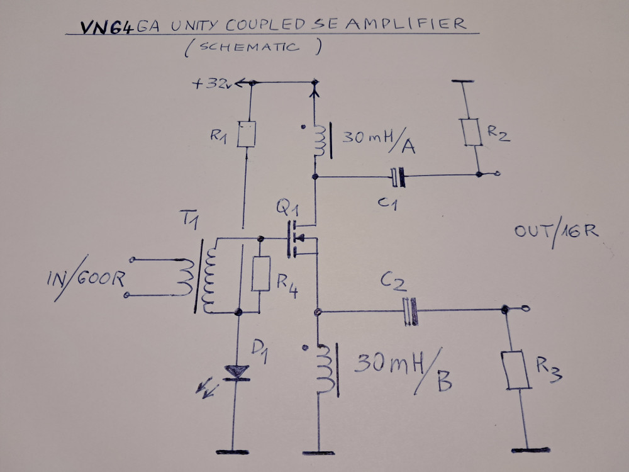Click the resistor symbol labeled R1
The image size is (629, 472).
246,135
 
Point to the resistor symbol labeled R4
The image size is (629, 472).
260,274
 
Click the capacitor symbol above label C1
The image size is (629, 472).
398,178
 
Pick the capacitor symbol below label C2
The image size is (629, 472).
411,312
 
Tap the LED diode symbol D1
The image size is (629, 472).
237,373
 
